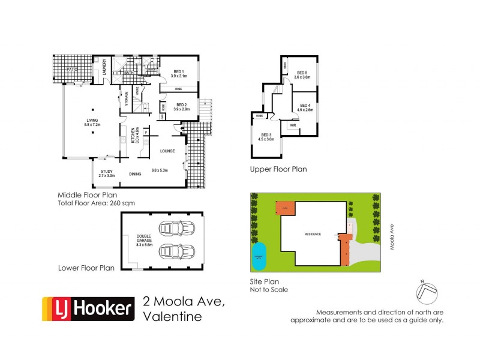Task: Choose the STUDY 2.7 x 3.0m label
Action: point(106,173)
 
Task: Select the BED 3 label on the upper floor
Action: point(266,136)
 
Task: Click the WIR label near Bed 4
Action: point(292,126)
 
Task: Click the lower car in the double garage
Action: point(175,253)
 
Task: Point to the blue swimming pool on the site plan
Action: point(260,253)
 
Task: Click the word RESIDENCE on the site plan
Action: point(312,234)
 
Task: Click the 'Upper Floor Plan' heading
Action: point(278,169)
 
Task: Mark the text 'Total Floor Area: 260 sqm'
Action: point(96,203)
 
